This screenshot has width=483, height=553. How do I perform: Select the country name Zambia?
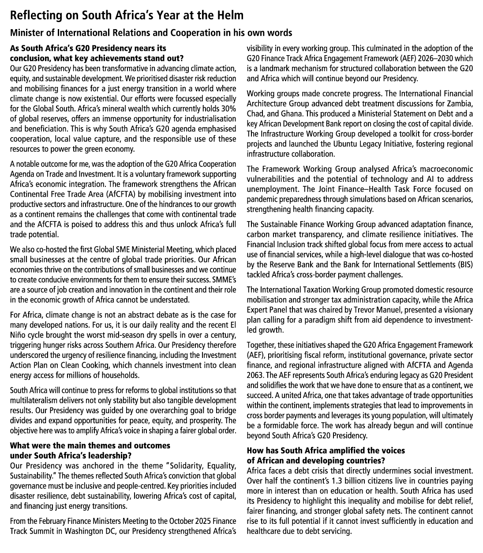point(459,104)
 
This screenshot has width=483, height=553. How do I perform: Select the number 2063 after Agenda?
point(255,375)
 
